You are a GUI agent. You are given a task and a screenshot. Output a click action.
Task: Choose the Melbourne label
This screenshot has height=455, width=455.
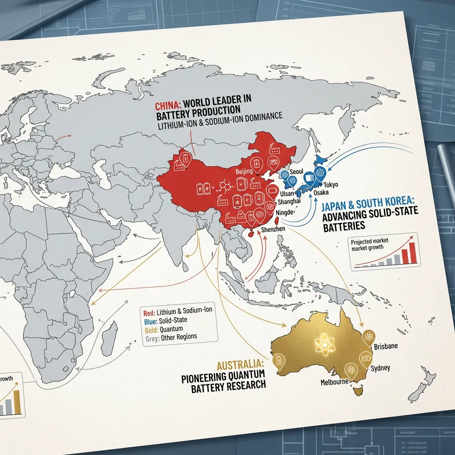(334, 382)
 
